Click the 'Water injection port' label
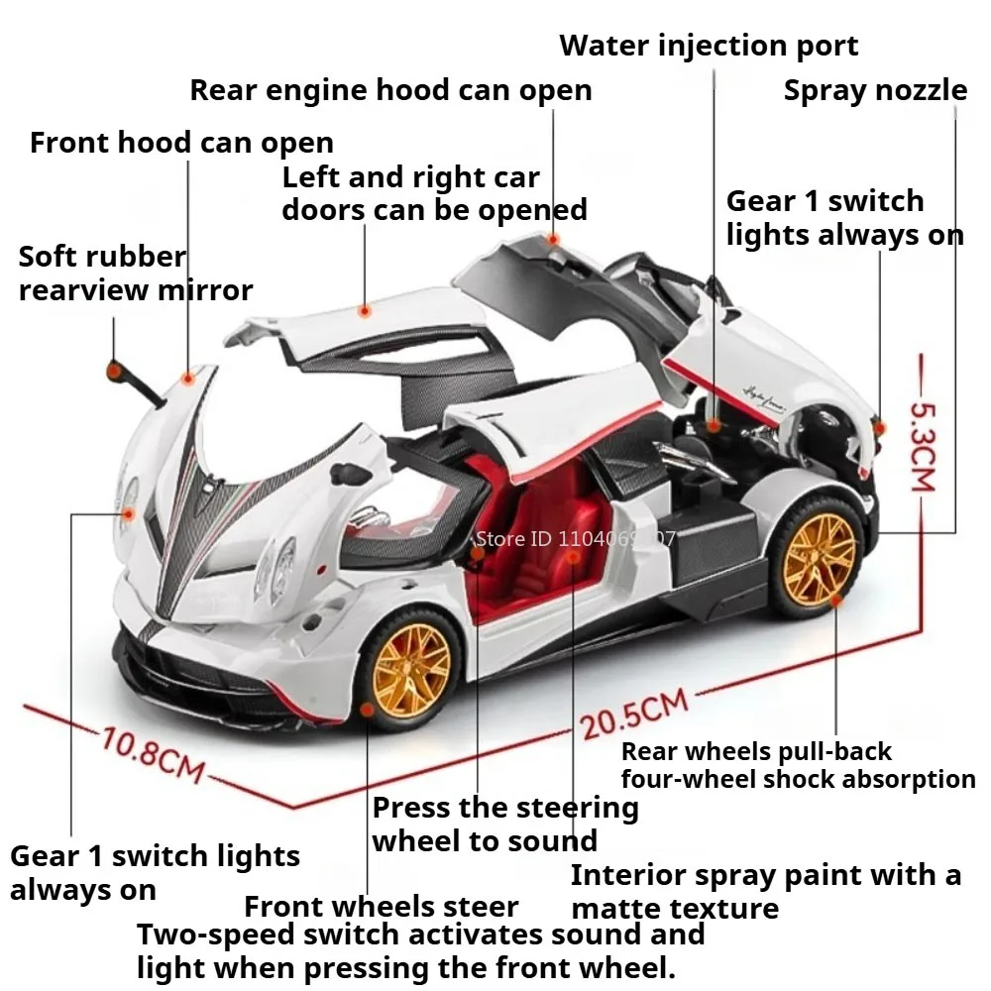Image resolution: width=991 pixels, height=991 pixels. coord(709,46)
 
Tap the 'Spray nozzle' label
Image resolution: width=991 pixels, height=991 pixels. coord(875,90)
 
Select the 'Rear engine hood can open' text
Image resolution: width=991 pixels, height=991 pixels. coord(390,90)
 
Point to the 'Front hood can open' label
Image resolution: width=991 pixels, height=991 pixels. coord(181,143)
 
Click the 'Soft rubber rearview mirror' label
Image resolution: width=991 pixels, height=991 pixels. coord(136,274)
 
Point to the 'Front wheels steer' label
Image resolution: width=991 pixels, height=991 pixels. coord(381,906)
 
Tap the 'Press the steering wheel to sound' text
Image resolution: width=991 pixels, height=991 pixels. coord(504,824)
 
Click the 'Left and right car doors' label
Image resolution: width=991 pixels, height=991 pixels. coord(434,193)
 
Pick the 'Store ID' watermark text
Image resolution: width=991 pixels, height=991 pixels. coord(575,539)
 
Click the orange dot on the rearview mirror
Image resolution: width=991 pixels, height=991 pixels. coord(115,371)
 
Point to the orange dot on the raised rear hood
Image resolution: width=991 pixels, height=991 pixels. coord(554,239)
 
